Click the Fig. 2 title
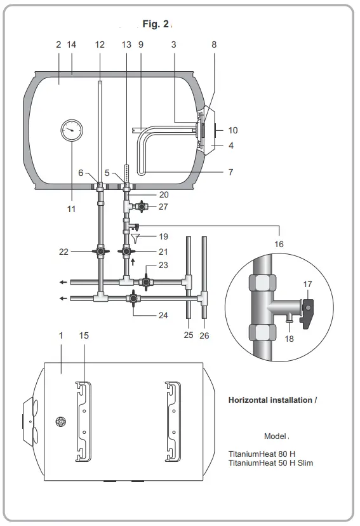coord(156,24)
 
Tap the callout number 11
coord(72,208)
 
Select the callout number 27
coord(164,206)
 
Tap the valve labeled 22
coord(100,251)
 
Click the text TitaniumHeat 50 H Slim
coord(270,463)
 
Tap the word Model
coord(275,436)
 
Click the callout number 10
coord(233,130)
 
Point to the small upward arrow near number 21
coord(132,261)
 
